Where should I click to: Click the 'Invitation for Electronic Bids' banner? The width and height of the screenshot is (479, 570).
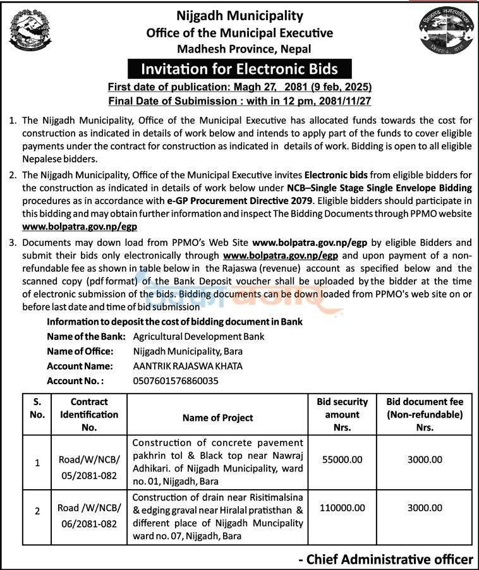point(239,68)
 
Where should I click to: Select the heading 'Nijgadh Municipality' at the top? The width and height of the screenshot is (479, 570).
point(239,16)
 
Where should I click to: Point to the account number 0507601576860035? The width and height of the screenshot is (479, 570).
point(176,380)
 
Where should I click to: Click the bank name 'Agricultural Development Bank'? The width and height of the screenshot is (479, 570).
point(198,336)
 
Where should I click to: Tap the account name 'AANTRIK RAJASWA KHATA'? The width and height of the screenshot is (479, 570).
point(188,366)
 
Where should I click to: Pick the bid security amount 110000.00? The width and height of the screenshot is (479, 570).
point(342,507)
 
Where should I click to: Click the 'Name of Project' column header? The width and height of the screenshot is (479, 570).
point(217,418)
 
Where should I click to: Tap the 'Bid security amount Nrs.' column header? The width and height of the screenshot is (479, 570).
point(342,415)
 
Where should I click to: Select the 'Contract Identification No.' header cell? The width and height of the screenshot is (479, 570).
point(89,415)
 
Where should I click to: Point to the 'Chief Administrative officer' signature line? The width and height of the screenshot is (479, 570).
point(385,559)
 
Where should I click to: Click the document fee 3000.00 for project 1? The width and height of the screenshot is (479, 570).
point(425,460)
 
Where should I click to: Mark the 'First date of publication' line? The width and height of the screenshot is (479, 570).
point(239,87)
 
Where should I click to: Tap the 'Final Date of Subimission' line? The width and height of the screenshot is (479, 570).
point(239,100)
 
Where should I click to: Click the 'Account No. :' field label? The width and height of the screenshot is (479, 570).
point(75,380)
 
